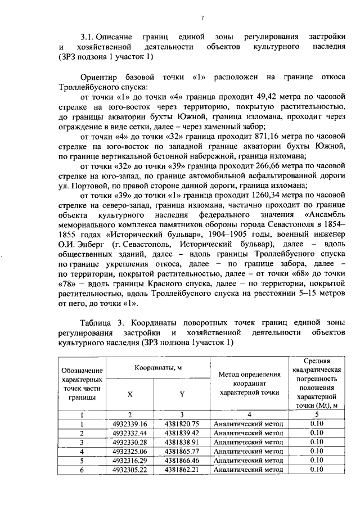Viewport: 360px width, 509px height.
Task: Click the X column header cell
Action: click(130, 394)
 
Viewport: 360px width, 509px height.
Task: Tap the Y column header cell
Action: click(182, 394)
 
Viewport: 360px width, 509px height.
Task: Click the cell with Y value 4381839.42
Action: click(182, 433)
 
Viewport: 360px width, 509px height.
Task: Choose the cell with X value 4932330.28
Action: click(130, 442)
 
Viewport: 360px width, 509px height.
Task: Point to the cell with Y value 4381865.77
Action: click(182, 451)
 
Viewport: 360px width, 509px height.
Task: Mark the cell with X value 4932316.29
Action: click(130, 460)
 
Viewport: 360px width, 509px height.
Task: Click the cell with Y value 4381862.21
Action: click(182, 469)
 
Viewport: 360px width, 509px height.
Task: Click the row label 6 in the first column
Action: click(82, 470)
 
